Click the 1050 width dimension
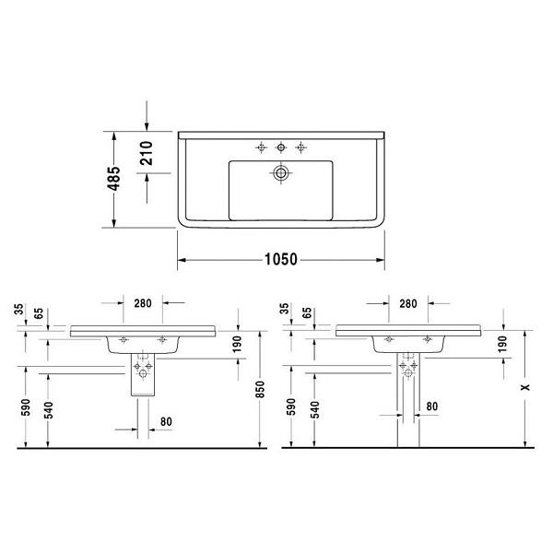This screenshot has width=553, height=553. coord(281,260)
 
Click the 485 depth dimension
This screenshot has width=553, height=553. coord(114,178)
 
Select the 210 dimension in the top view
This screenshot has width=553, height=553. coord(147,153)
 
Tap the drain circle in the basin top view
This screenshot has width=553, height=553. coord(281,173)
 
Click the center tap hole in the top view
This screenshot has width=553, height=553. coord(281,147)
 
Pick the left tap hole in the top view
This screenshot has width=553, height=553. coord(261,147)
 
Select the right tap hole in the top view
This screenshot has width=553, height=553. coord(300,147)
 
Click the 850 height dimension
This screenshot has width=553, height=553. coord(260,389)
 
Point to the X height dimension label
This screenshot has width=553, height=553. coord(525,387)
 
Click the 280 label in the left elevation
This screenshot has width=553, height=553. coord(143,303)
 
